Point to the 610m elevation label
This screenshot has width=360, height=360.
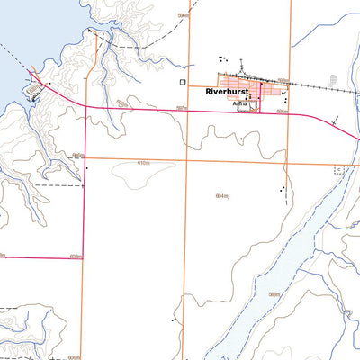pyautogui.click(x=142, y=163)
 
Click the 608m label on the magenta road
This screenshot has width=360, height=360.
pyautogui.click(x=76, y=256)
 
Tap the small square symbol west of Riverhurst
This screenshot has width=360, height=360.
pyautogui.click(x=183, y=82)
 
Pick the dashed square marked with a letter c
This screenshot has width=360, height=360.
pyautogui.click(x=339, y=168)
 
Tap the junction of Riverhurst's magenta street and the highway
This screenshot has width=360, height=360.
pyautogui.click(x=261, y=112)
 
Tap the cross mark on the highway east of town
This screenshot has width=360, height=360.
pyautogui.click(x=336, y=120)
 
